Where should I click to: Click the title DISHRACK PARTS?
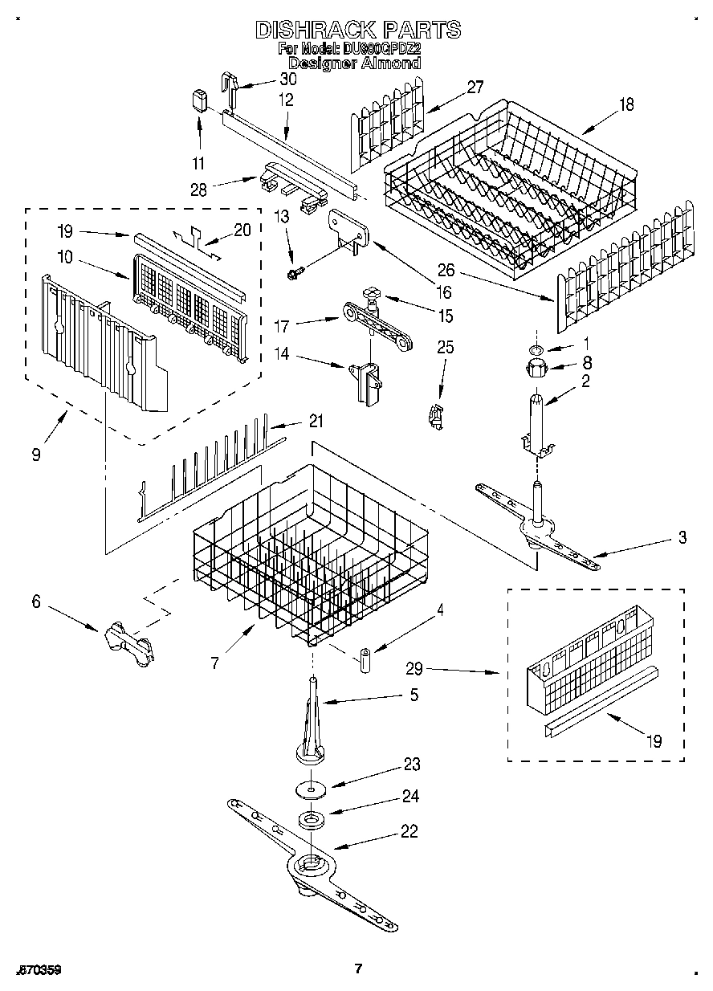click(x=357, y=30)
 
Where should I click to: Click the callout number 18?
click(x=626, y=104)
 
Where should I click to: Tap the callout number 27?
click(x=475, y=87)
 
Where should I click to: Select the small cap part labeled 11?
click(x=199, y=102)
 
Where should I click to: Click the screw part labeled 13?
click(x=295, y=273)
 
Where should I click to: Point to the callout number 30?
click(x=287, y=79)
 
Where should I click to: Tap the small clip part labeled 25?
click(x=436, y=417)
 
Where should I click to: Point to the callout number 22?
click(x=409, y=832)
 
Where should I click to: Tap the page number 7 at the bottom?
click(x=358, y=969)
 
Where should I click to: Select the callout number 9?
click(x=37, y=454)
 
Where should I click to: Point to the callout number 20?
click(x=242, y=230)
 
